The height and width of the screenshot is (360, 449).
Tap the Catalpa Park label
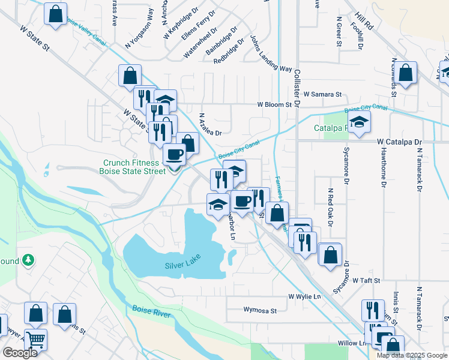331,128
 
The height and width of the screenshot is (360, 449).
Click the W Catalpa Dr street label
400,142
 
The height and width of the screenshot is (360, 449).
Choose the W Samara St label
322,94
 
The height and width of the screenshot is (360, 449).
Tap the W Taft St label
367,280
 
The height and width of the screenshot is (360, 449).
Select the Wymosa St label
260,311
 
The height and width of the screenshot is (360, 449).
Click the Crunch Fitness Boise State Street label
134,167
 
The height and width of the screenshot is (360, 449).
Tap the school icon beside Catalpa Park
360,122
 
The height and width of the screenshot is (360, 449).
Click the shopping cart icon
35,340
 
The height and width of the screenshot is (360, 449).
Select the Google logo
20,353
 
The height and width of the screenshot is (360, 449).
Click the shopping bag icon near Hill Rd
406,73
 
